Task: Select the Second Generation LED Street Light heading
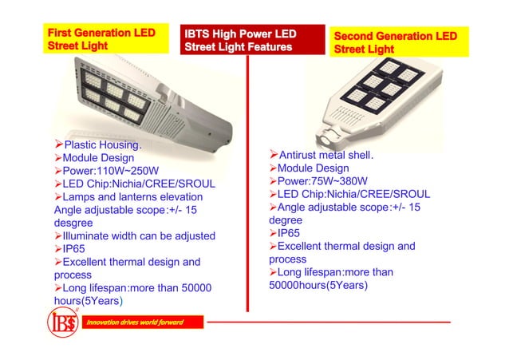coord(396,42)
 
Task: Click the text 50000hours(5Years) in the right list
coord(320,285)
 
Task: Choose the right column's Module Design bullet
coord(313,168)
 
